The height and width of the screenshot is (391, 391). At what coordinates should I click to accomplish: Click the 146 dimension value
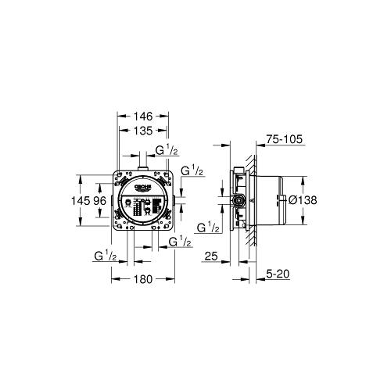143,117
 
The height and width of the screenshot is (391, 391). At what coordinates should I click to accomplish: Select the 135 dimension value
143,131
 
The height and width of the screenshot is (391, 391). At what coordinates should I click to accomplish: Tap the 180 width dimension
143,279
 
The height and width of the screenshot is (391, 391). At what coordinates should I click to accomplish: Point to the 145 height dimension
81,200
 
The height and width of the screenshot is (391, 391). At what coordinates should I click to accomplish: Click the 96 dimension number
100,200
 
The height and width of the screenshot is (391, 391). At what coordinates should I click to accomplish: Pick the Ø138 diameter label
303,200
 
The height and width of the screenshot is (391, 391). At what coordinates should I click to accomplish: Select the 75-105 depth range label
284,139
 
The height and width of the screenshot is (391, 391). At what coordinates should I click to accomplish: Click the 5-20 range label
278,274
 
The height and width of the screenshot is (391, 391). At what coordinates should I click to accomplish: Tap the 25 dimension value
211,256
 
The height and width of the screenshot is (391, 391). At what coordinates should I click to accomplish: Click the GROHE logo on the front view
143,187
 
